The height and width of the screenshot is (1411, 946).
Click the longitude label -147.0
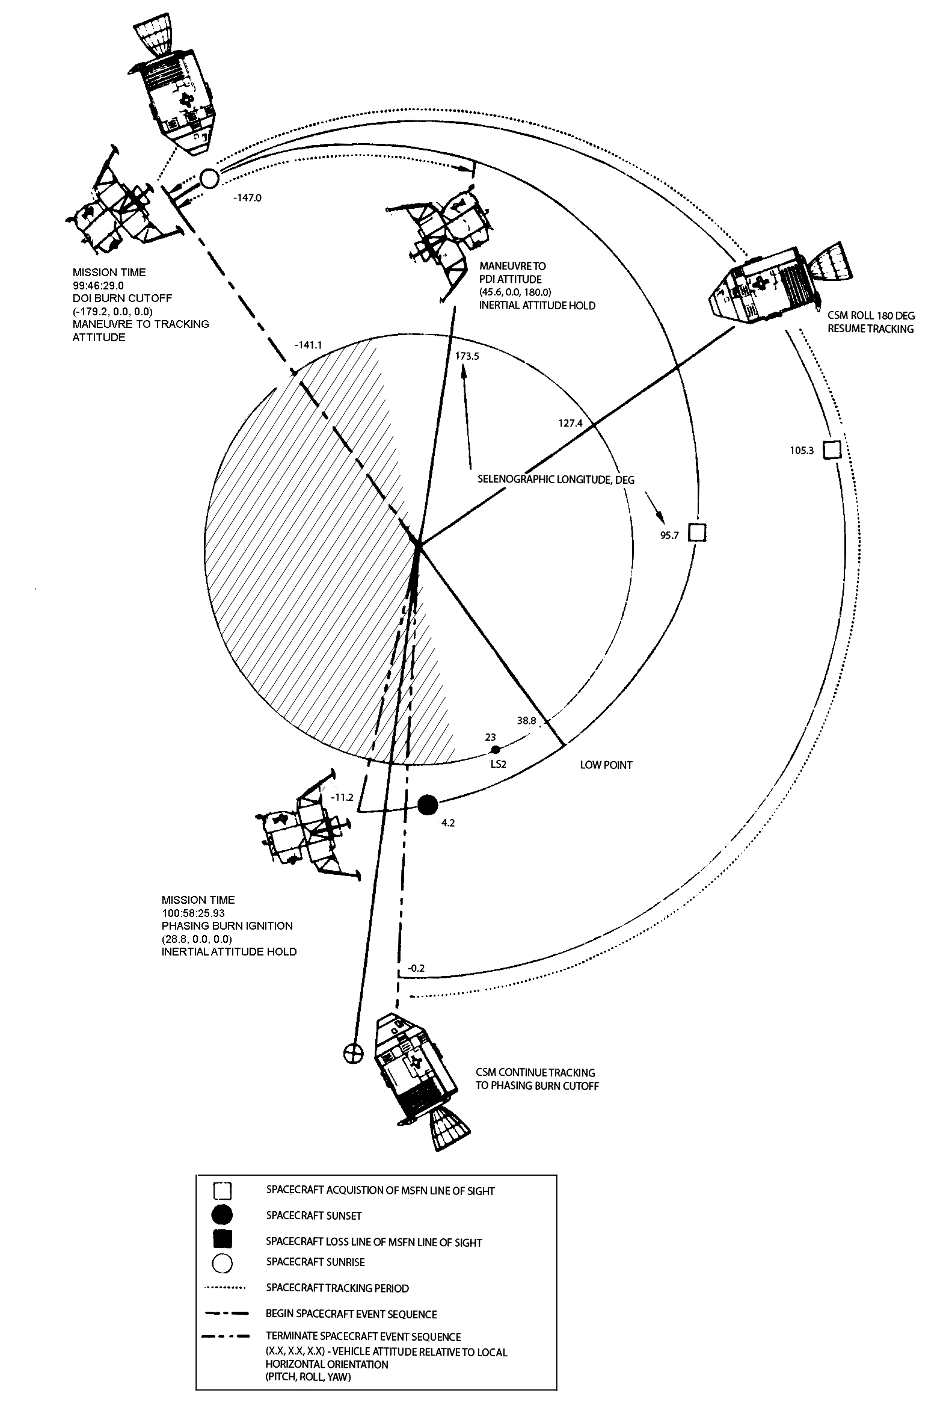tap(247, 197)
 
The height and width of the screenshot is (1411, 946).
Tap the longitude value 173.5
tap(467, 356)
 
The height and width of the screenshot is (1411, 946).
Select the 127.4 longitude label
tap(570, 423)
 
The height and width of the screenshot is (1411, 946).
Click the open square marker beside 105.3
tap(832, 450)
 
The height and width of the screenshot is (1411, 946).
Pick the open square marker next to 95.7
tap(698, 533)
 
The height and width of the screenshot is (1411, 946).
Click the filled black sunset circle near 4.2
tap(428, 804)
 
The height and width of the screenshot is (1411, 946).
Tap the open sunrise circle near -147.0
tap(209, 179)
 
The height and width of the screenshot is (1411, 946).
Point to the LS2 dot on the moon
tap(496, 750)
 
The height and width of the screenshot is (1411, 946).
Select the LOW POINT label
tap(606, 765)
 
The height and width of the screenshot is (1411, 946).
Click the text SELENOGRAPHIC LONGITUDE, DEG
tap(556, 480)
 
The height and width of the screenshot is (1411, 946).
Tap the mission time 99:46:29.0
tap(99, 285)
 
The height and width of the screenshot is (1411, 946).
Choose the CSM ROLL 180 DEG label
tap(871, 316)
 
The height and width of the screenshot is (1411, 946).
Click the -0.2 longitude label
tap(416, 969)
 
